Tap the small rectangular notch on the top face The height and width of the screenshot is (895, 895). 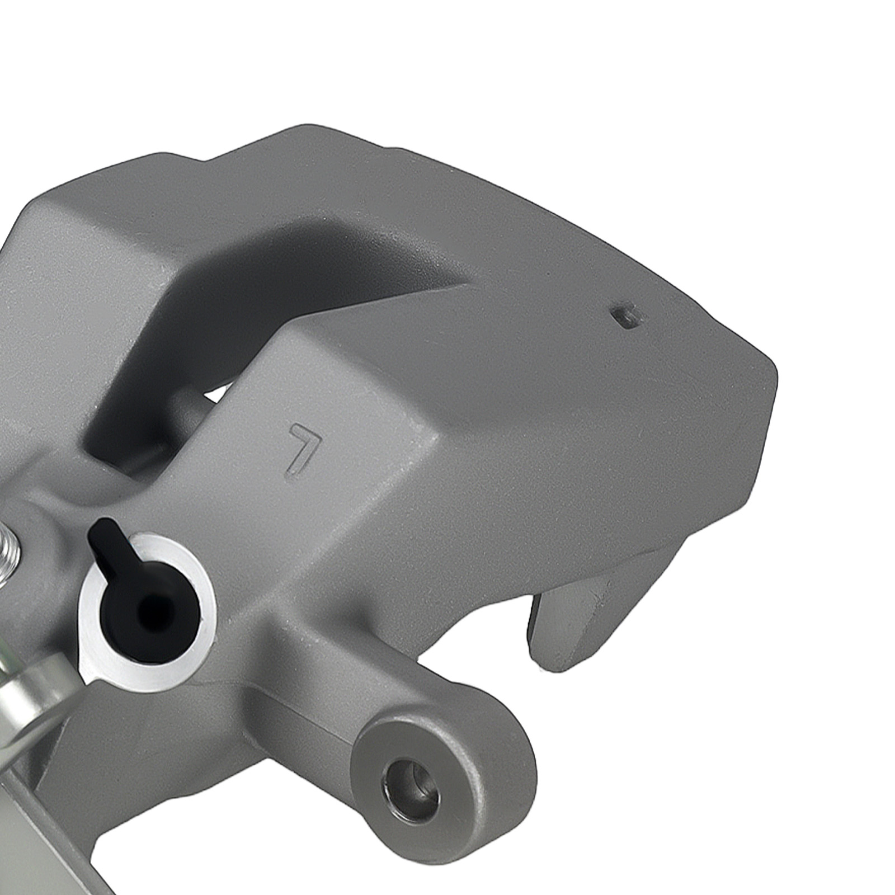[x=625, y=317]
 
